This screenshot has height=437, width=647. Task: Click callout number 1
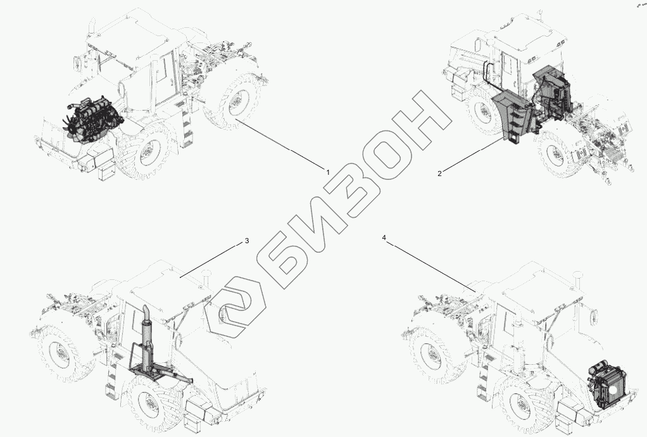coord(328,172)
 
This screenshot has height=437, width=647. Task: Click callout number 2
coord(439,174)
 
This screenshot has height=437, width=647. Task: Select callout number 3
coord(247,241)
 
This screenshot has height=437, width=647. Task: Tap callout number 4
coord(384,238)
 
